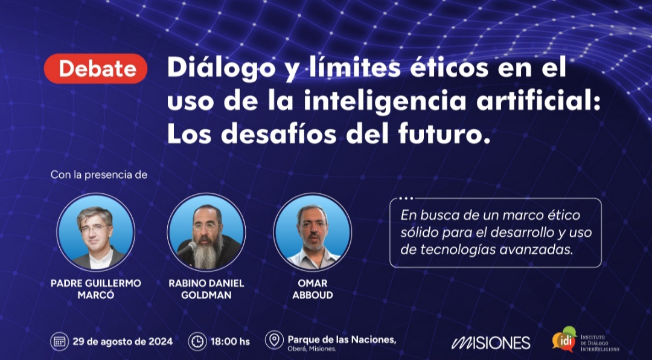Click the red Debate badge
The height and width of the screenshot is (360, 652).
(x=95, y=69)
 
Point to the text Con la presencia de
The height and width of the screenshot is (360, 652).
(x=99, y=175)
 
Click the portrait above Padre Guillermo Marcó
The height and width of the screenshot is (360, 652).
(x=95, y=232)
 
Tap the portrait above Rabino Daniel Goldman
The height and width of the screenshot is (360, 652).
(x=206, y=232)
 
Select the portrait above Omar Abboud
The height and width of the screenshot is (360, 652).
(x=313, y=232)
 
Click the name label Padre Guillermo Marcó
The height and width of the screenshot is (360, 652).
(x=95, y=289)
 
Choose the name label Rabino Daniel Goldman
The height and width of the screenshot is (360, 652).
(x=206, y=289)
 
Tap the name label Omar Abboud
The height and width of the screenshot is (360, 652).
(x=313, y=289)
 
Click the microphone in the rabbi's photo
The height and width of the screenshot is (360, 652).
(x=187, y=249)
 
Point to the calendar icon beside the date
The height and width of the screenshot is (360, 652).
(x=59, y=342)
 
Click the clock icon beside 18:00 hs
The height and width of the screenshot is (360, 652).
(x=197, y=342)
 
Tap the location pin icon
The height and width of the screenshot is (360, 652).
(x=274, y=339)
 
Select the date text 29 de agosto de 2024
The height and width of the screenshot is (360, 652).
(x=123, y=342)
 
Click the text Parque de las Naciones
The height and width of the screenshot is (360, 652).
(x=342, y=339)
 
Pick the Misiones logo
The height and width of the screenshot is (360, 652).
(x=491, y=342)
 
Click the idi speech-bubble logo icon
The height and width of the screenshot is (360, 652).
(x=564, y=339)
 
